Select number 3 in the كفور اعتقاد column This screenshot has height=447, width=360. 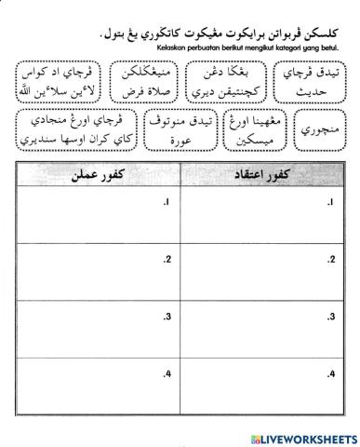pyautogui.click(x=332, y=318)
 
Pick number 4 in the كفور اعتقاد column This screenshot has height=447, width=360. pyautogui.click(x=332, y=373)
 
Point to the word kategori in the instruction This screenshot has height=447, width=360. pyautogui.click(x=284, y=47)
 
